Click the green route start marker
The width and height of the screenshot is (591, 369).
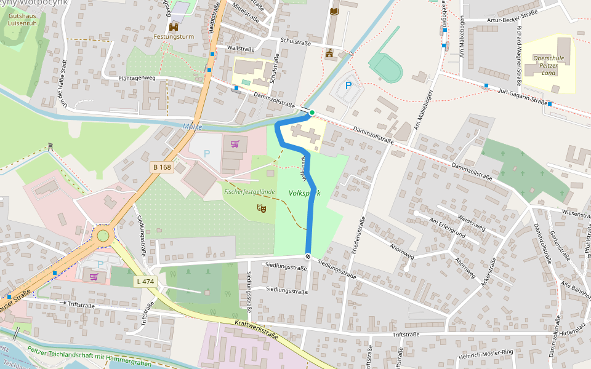pyautogui.click(x=312, y=113)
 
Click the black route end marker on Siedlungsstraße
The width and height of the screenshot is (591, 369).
pyautogui.click(x=307, y=256)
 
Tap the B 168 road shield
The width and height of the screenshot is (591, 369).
pyautogui.click(x=161, y=167)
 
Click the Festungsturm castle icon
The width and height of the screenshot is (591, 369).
pyautogui.click(x=174, y=27)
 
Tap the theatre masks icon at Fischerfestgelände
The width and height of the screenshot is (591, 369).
pyautogui.click(x=262, y=209)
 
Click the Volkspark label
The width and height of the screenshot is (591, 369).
pyautogui.click(x=304, y=193)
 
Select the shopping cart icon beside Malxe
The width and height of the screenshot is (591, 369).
pyautogui.click(x=235, y=144)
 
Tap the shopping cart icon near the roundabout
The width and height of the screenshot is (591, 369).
pyautogui.click(x=94, y=276)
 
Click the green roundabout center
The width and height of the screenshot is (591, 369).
pyautogui.click(x=103, y=236)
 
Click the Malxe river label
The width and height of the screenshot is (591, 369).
pyautogui.click(x=192, y=126)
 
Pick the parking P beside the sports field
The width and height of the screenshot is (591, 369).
pyautogui.click(x=348, y=86)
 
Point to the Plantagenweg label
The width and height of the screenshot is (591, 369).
pyautogui.click(x=137, y=79)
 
